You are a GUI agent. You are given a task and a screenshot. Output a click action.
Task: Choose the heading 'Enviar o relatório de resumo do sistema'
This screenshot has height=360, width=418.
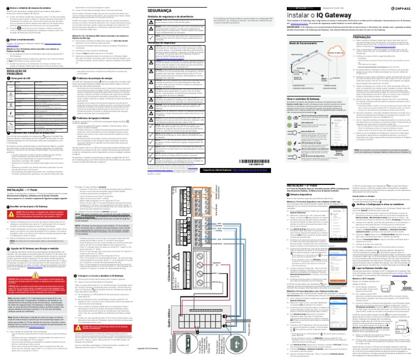(29, 3)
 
